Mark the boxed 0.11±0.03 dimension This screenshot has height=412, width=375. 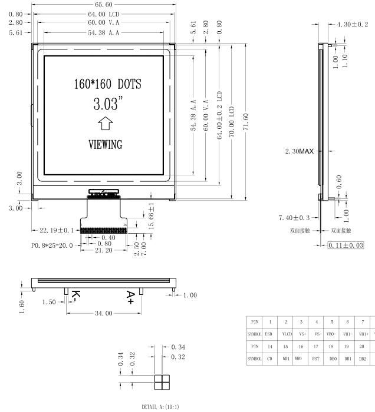(x=347, y=244)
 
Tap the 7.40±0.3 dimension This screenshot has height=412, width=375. (x=295, y=218)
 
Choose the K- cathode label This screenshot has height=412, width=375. (x=75, y=295)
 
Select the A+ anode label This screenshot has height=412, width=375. (x=131, y=295)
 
